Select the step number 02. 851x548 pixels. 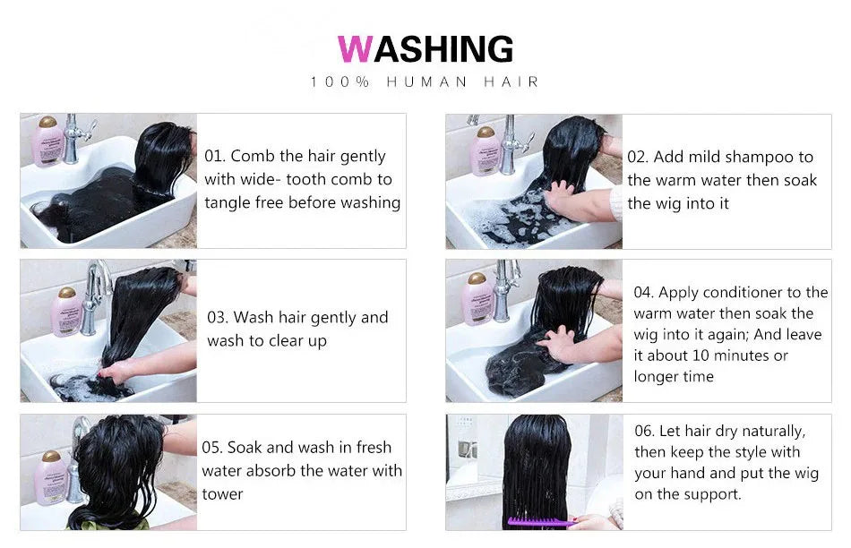(x=638, y=157)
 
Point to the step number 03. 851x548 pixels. (x=218, y=317)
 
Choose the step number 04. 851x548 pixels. (x=644, y=292)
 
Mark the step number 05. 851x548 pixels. (x=211, y=447)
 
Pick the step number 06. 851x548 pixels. (x=645, y=431)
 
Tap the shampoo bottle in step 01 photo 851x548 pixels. (x=47, y=141)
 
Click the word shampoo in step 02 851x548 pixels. (x=759, y=157)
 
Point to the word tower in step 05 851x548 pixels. (x=222, y=493)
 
